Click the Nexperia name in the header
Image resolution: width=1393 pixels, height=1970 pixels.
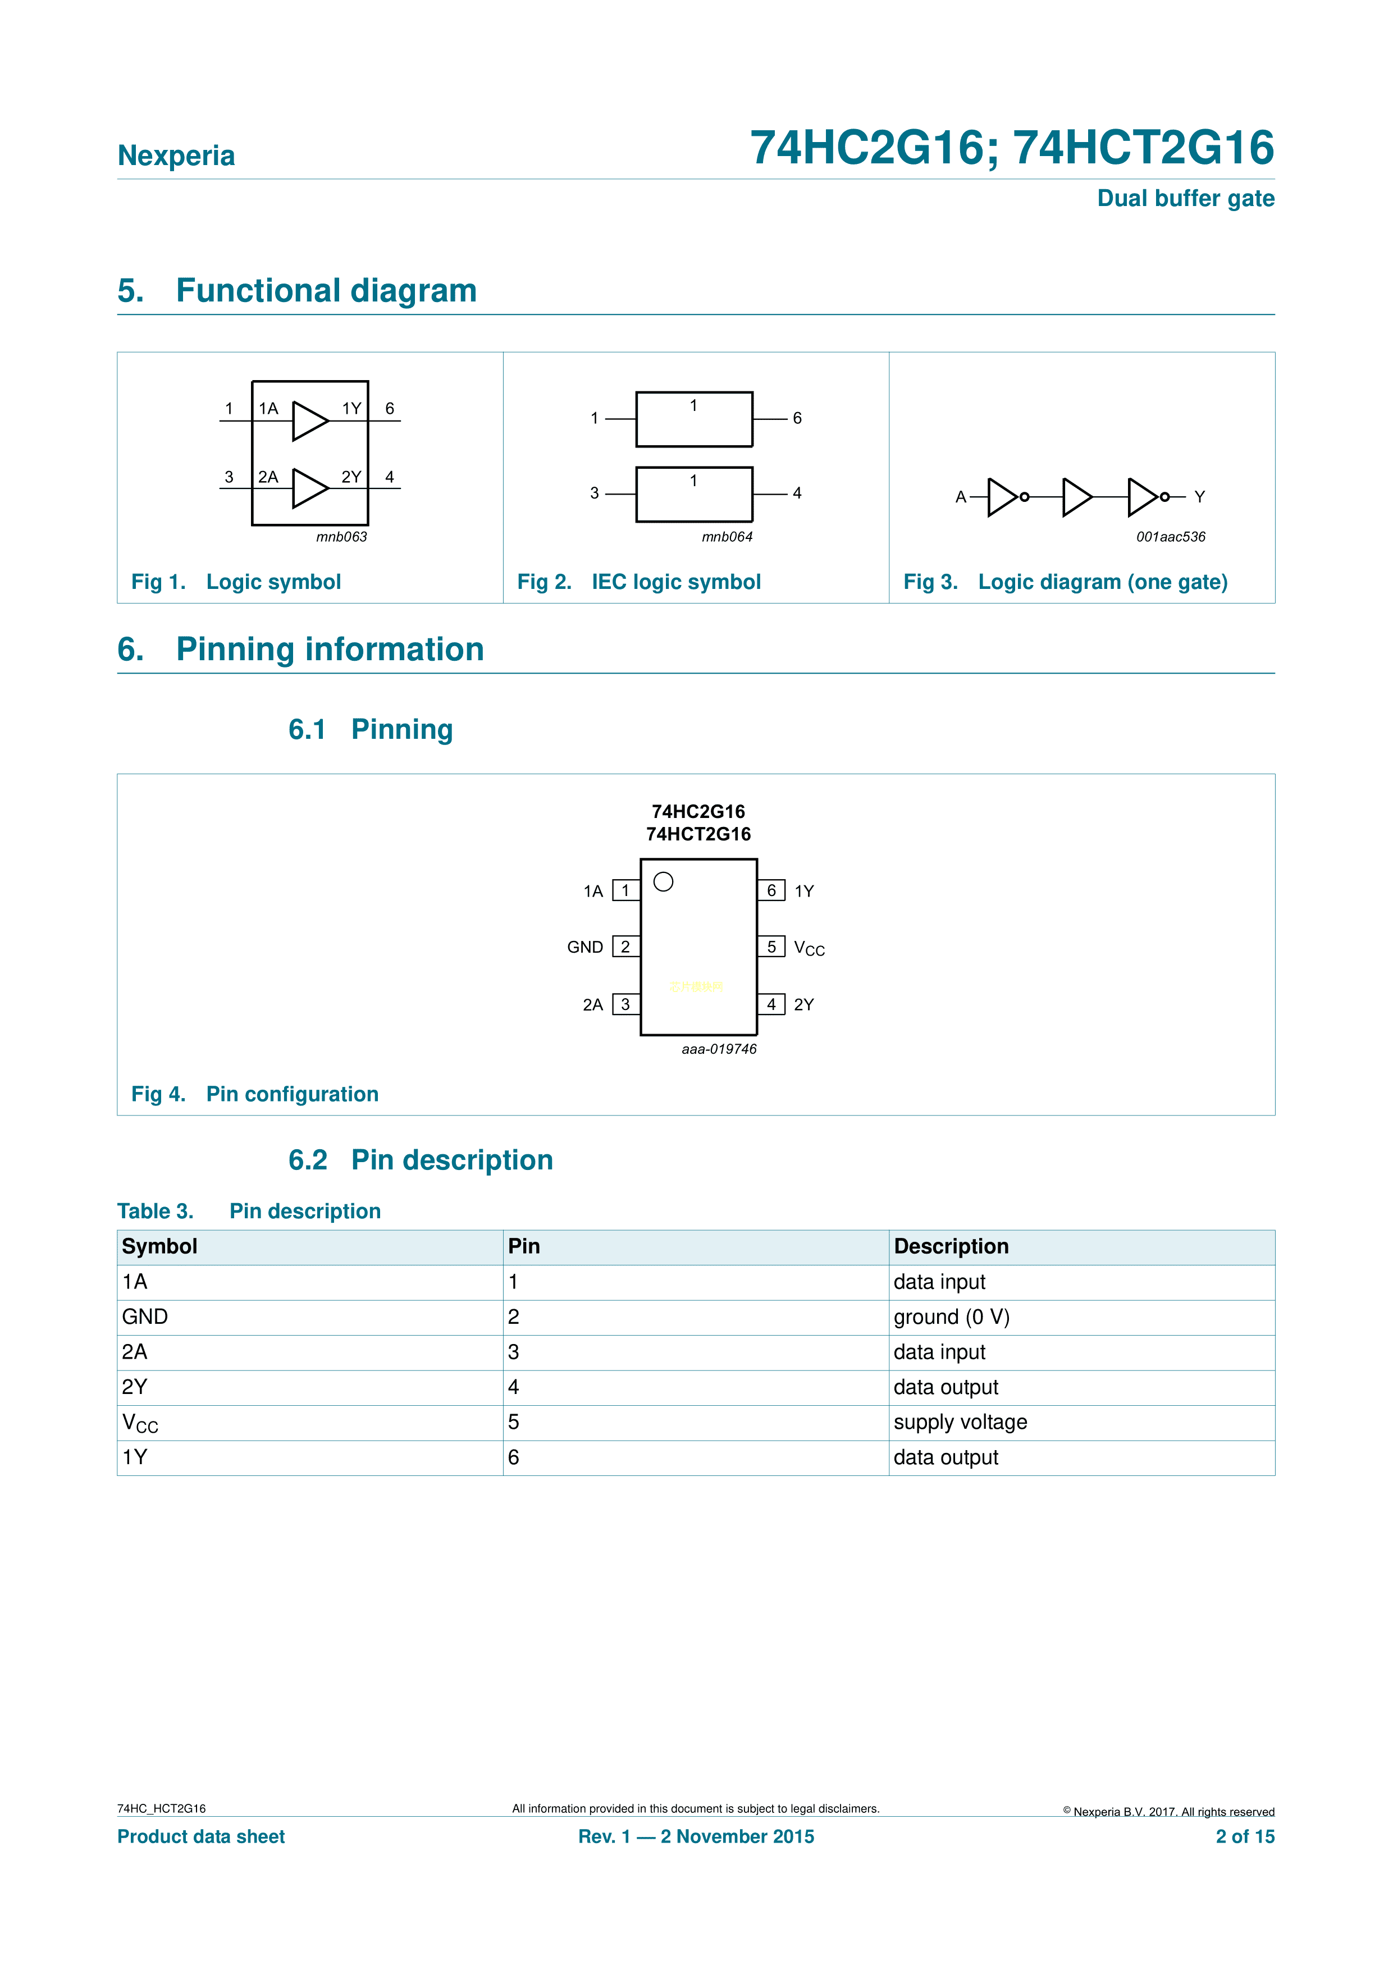pyautogui.click(x=176, y=156)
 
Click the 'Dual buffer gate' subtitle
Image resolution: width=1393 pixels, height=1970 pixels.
pyautogui.click(x=1185, y=198)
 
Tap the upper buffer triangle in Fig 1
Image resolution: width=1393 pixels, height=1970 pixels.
pyautogui.click(x=309, y=420)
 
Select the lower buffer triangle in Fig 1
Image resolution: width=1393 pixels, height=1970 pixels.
pyautogui.click(x=309, y=488)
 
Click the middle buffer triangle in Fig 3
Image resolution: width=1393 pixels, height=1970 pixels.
pyautogui.click(x=1076, y=497)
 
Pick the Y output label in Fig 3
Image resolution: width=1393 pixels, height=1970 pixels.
pyautogui.click(x=1199, y=497)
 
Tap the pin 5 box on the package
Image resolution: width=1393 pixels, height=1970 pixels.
pyautogui.click(x=771, y=947)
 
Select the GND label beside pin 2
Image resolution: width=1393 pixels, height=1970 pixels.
pyautogui.click(x=584, y=947)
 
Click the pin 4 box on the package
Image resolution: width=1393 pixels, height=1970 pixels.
pyautogui.click(x=771, y=1004)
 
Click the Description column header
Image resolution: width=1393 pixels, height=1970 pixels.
pyautogui.click(x=951, y=1247)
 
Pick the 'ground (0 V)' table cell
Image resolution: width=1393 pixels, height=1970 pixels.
pyautogui.click(x=951, y=1317)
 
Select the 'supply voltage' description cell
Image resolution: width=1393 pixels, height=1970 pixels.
pyautogui.click(x=960, y=1423)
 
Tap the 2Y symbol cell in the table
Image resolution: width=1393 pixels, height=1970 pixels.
pyautogui.click(x=135, y=1387)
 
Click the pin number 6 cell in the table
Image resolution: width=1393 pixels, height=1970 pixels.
pyautogui.click(x=513, y=1458)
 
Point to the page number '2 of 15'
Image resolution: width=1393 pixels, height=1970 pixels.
pyautogui.click(x=1245, y=1836)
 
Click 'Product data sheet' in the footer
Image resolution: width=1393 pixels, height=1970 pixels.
pyautogui.click(x=201, y=1836)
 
